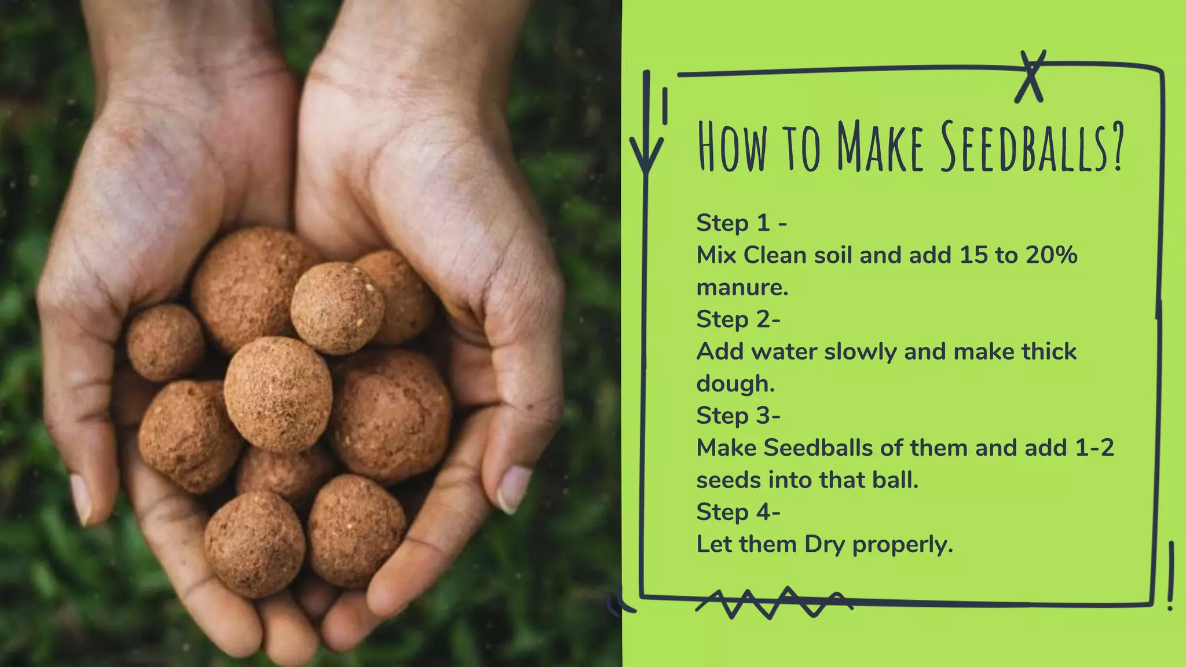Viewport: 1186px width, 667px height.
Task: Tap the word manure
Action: tap(742, 288)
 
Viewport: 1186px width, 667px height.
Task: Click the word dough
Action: tap(735, 384)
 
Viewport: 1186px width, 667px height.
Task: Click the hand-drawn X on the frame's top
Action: tap(1030, 77)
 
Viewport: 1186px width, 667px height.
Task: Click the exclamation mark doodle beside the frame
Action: tap(1171, 576)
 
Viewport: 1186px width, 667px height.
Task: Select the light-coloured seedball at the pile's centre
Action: tap(278, 394)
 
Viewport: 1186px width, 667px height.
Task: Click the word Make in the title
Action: tap(881, 147)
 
